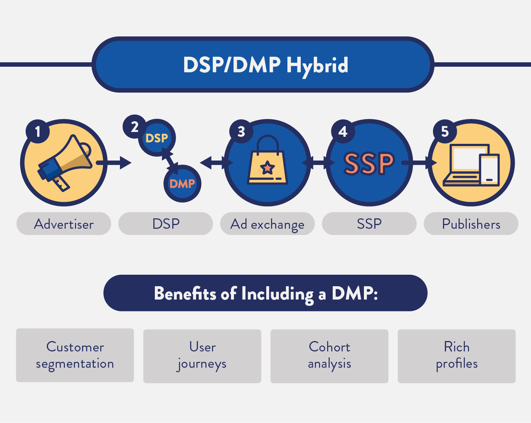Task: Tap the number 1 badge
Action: (38, 131)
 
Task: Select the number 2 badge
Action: (134, 127)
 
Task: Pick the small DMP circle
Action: (182, 184)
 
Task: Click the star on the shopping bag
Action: (267, 168)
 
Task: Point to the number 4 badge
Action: (343, 131)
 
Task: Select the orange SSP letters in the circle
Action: (369, 163)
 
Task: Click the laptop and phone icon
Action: (472, 165)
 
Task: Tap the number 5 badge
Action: (445, 131)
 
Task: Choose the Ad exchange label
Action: (267, 224)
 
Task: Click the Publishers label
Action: (471, 224)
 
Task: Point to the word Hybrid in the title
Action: (317, 65)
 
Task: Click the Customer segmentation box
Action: (75, 355)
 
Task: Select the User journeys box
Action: (202, 356)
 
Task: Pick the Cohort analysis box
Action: (329, 356)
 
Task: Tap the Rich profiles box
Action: (457, 356)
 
